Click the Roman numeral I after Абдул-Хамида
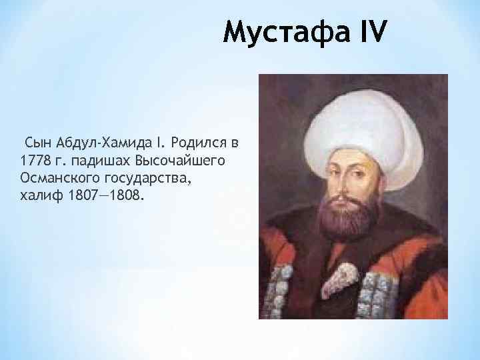160,143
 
